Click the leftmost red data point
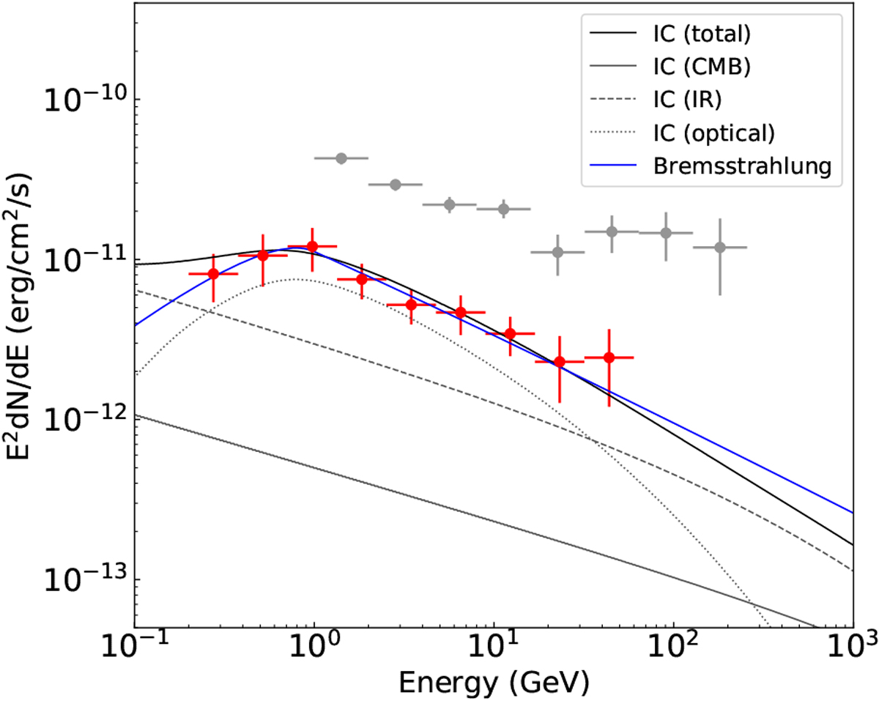(213, 274)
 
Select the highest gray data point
(341, 158)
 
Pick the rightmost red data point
(609, 357)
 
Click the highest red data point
(313, 247)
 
